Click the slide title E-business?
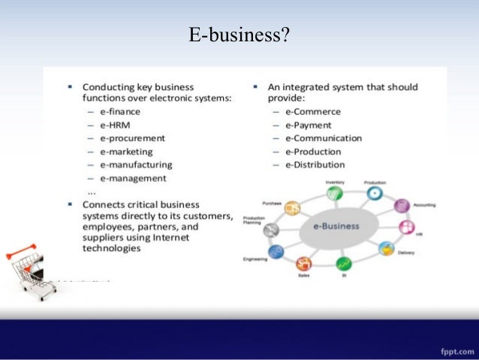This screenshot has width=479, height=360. pos(239,35)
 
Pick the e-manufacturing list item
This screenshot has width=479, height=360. pos(135,165)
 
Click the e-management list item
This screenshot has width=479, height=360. pos(132,178)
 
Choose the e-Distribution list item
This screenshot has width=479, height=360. pos(315,165)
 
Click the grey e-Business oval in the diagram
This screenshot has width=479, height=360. pos(331,226)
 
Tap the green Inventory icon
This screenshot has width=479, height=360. pos(335,193)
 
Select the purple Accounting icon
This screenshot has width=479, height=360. pos(402,205)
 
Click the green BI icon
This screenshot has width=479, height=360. pos(344,264)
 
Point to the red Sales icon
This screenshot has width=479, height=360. pos(304,263)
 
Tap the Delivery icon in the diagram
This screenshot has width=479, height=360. pos(387,248)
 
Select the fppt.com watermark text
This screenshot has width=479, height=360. pos(453,351)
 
